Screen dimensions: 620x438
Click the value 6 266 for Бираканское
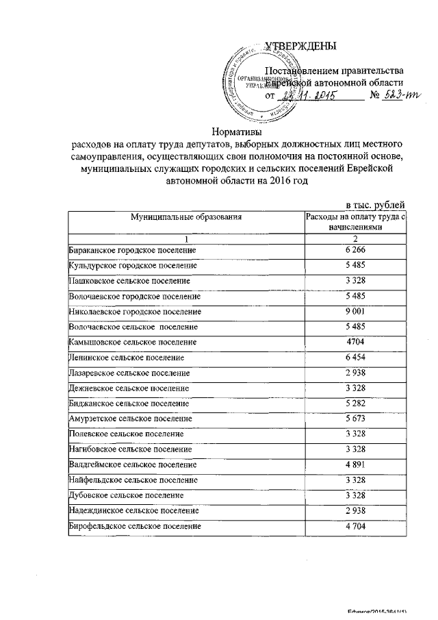[x=355, y=251]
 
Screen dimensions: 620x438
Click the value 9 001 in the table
[x=355, y=311]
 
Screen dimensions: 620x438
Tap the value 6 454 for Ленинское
[x=355, y=357]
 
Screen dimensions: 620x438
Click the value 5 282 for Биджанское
[x=355, y=403]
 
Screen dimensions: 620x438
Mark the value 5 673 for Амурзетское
[x=355, y=418]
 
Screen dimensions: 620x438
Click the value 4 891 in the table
[x=355, y=464]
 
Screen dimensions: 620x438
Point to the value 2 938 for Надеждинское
[x=355, y=510]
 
